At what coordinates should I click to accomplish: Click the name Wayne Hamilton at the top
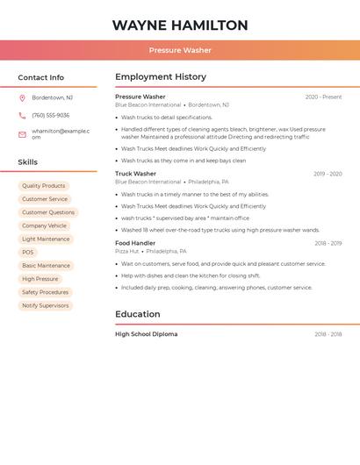pos(180,25)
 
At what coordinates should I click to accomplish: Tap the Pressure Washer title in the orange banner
pos(180,50)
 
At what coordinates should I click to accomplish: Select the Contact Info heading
pos(41,77)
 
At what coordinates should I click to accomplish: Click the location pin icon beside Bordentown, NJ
pos(22,97)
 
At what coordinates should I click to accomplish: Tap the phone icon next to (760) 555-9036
pos(22,115)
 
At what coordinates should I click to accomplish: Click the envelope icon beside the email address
pos(22,134)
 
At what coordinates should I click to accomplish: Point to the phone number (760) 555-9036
pos(51,115)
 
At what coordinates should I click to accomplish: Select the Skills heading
pos(28,162)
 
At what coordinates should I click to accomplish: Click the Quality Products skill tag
pos(44,186)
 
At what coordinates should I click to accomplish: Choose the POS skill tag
pos(28,252)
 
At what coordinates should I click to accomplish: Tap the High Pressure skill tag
pos(40,279)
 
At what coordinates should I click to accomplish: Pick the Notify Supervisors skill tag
pos(46,305)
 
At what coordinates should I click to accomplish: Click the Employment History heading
pos(161,77)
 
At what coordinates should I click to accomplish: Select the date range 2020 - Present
pos(323,97)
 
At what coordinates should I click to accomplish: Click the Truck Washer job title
pos(135,174)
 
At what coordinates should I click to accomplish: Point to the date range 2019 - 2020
pos(328,174)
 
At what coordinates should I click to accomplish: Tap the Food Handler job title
pos(135,243)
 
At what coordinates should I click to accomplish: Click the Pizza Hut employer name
pos(127,251)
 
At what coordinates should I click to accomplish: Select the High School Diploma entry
pos(146,334)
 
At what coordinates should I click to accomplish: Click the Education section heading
pos(138,314)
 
